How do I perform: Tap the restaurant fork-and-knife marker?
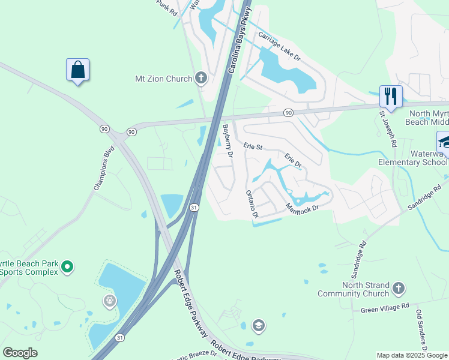pos(391,96)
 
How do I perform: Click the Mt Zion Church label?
pos(163,79)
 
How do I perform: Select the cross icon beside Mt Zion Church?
pos(200,78)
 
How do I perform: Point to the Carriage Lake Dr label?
pos(279,44)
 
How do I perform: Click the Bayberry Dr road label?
pos(228,141)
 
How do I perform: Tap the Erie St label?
pos(253,146)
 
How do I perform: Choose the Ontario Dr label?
pos(252,204)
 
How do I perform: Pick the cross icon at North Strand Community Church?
pos(398,290)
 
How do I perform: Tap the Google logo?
pos(20,353)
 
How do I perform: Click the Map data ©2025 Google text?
pos(412,355)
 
